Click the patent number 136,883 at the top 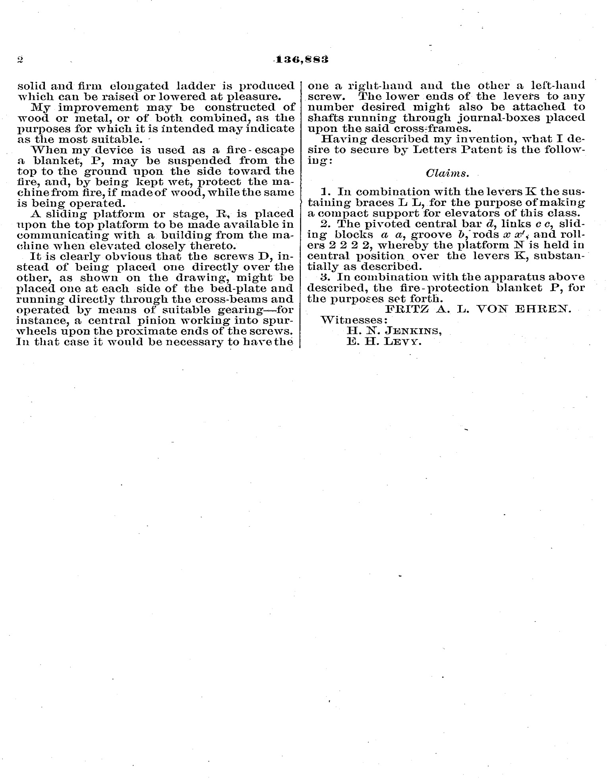[x=302, y=60]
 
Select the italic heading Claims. [x=447, y=174]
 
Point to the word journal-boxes [x=497, y=118]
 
